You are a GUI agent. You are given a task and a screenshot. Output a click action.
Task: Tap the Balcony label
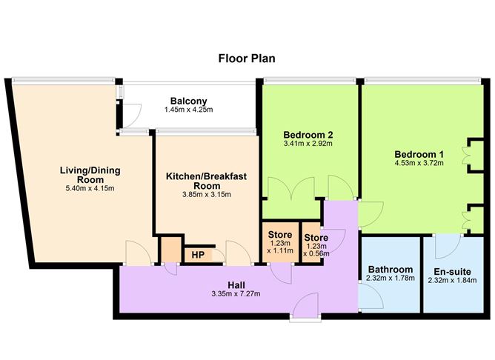pyautogui.click(x=188, y=101)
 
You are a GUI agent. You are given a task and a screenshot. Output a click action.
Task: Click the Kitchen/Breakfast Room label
pyautogui.click(x=206, y=181)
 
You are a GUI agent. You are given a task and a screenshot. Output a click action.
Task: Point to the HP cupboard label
pyautogui.click(x=198, y=255)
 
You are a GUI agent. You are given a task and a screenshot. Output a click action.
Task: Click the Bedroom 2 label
pyautogui.click(x=308, y=135)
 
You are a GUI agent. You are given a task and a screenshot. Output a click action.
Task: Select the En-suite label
pyautogui.click(x=451, y=270)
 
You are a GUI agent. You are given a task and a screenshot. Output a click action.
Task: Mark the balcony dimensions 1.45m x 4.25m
pyautogui.click(x=188, y=110)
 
